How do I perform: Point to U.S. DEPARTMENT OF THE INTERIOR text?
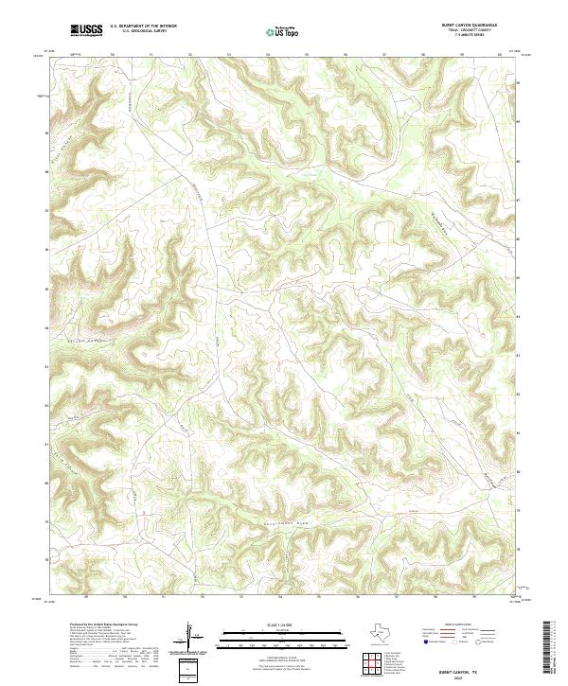tap(143, 26)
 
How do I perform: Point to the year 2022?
tap(458, 676)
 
